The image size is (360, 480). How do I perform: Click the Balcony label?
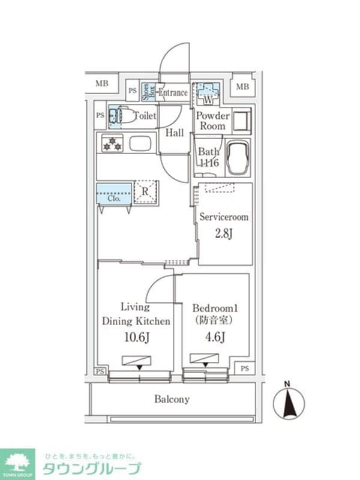pos(172,399)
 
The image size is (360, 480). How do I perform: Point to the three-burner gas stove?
pos(112,144)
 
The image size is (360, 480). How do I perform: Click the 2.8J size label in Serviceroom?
pos(223,233)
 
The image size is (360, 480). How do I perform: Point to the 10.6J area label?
pos(136,337)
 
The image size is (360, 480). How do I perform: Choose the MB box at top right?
pos(242,86)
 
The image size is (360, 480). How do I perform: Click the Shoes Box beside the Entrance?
pos(146,92)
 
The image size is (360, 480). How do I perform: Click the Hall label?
pos(175,133)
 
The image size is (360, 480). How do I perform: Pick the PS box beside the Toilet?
pos(100,115)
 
